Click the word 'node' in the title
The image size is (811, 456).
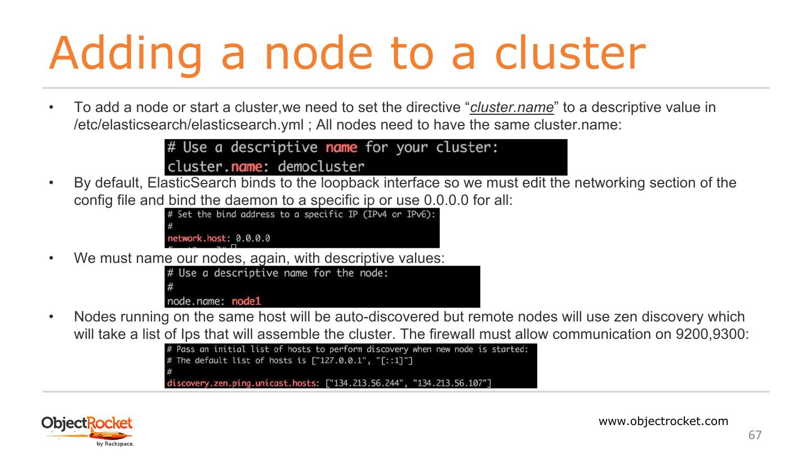pos(318,53)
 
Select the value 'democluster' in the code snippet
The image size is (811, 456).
pos(321,167)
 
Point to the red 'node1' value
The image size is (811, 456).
pos(246,301)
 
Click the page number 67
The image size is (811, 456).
pos(755,435)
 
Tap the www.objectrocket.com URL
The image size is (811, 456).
pos(663,421)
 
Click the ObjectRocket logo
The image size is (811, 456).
pos(87,423)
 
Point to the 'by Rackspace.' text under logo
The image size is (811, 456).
pos(115,444)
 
